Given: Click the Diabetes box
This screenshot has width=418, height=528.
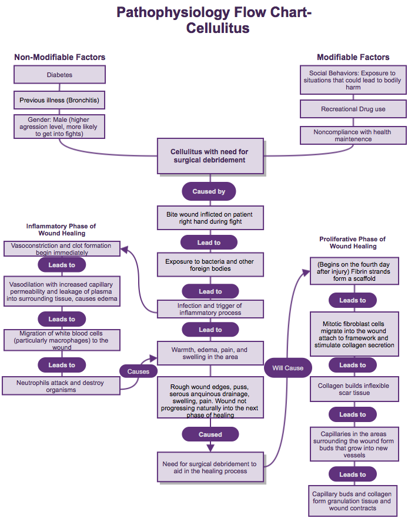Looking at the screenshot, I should [59, 75].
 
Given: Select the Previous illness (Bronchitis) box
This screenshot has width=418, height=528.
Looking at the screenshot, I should [59, 100].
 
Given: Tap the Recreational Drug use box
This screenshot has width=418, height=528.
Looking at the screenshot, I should [353, 109].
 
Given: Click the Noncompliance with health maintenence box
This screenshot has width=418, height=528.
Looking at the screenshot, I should [353, 135].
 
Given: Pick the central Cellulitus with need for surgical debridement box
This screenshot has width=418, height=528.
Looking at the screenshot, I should [210, 156].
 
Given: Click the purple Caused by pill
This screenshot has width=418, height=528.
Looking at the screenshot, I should [209, 191].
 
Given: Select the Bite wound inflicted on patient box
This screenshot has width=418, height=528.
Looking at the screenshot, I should [210, 217].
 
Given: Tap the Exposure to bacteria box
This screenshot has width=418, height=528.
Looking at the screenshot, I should [210, 264].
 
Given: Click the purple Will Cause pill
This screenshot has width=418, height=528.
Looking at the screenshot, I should [288, 368].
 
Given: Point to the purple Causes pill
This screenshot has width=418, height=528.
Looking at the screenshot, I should [139, 371].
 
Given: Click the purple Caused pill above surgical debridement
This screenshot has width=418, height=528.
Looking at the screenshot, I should [210, 434].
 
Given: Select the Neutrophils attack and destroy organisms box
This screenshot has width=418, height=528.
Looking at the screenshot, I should [60, 386].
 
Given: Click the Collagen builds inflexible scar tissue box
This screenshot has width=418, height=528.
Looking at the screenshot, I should [353, 389].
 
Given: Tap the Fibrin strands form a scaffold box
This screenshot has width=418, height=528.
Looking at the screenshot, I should [353, 271].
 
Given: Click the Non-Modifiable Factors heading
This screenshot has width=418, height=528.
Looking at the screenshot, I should [59, 57].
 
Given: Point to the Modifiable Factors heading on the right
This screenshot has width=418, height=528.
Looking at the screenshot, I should [353, 57].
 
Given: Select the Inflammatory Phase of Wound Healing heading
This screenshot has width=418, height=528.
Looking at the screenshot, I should [61, 230].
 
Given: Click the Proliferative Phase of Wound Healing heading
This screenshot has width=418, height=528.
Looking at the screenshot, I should [353, 243].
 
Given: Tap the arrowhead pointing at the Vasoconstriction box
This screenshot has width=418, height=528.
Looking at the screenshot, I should [124, 250].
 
